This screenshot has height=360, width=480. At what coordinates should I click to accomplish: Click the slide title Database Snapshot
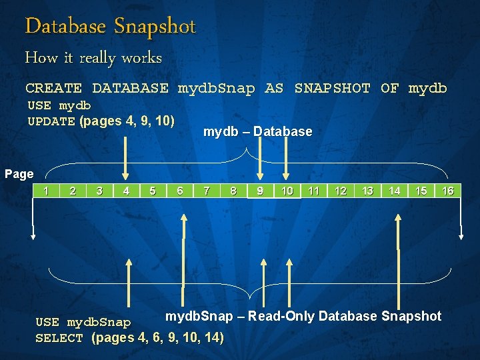pyautogui.click(x=110, y=27)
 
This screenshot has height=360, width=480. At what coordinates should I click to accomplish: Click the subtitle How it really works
pyautogui.click(x=93, y=58)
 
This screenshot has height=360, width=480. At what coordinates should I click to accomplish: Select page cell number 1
pyautogui.click(x=46, y=191)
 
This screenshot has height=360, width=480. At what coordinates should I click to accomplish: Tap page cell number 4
pyautogui.click(x=126, y=191)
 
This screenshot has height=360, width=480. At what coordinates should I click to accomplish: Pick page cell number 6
pyautogui.click(x=180, y=191)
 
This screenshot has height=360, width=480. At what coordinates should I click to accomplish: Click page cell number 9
pyautogui.click(x=260, y=191)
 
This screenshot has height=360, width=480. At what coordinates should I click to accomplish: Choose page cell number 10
pyautogui.click(x=287, y=191)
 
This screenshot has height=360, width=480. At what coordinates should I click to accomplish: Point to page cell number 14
pyautogui.click(x=395, y=191)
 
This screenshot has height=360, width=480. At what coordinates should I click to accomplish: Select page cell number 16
pyautogui.click(x=448, y=191)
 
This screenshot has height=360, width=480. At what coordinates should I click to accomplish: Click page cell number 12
pyautogui.click(x=341, y=191)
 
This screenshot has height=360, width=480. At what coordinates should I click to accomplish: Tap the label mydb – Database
pyautogui.click(x=257, y=132)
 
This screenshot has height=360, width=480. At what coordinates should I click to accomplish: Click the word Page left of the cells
pyautogui.click(x=19, y=174)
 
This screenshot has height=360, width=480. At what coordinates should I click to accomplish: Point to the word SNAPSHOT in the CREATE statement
pyautogui.click(x=332, y=88)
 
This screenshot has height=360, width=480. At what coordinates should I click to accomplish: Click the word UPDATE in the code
pyautogui.click(x=51, y=122)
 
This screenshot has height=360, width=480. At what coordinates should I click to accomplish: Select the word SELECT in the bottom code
pyautogui.click(x=59, y=339)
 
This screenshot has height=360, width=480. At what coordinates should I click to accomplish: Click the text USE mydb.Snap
pyautogui.click(x=83, y=323)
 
